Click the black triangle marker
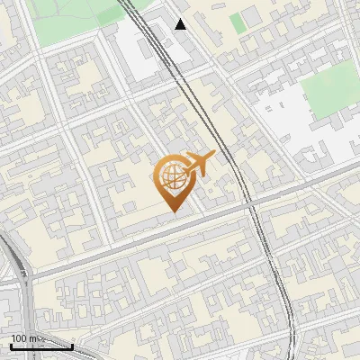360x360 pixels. tap(181, 24)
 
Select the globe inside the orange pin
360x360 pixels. tap(170, 177)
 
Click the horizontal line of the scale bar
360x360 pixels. tap(41, 346)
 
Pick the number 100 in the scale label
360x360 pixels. tap(22, 338)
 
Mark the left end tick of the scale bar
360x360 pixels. tap(11, 344)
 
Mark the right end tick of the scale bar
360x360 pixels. tap(72, 344)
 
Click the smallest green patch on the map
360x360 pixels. tap(237, 22)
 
